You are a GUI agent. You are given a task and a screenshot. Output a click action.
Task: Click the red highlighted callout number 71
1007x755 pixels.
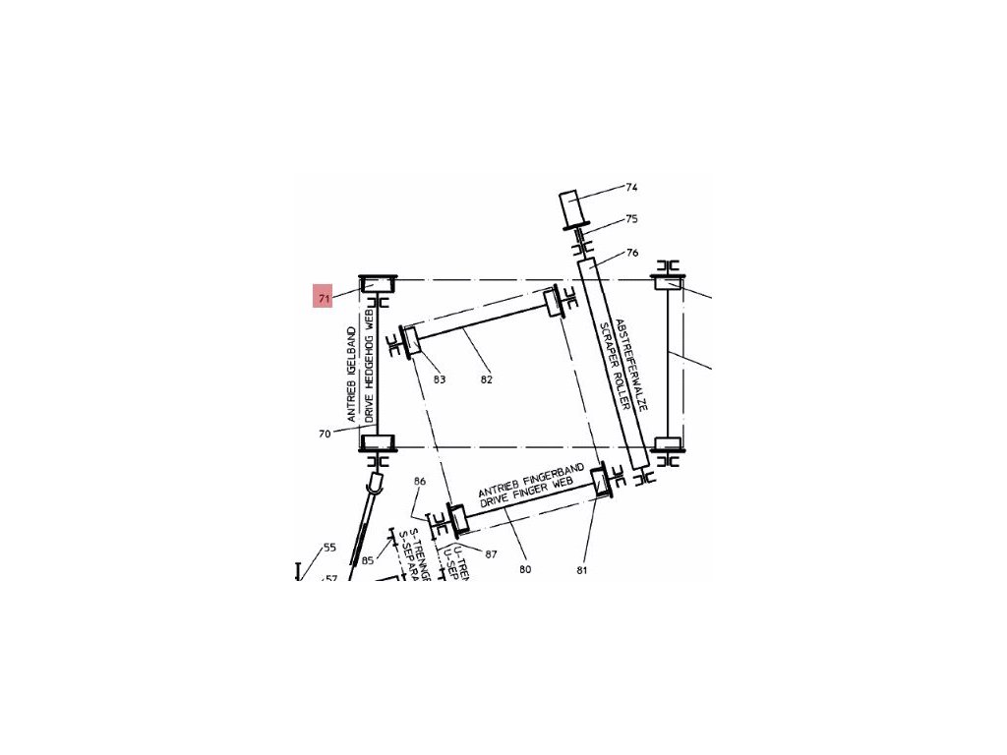323,296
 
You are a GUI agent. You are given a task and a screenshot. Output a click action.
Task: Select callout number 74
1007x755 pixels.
631,187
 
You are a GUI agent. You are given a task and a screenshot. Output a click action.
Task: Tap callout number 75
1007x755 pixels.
631,219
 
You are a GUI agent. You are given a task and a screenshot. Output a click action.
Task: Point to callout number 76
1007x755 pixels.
631,253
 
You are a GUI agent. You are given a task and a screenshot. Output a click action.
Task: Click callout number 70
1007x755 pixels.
325,433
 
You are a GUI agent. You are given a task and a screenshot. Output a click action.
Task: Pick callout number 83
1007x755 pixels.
440,379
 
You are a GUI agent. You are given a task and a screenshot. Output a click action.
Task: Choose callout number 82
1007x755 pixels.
486,379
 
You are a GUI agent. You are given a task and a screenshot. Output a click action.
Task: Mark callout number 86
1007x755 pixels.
420,481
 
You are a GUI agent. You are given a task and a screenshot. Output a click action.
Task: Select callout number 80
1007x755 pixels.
525,569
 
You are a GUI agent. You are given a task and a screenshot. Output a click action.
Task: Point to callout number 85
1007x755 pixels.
368,561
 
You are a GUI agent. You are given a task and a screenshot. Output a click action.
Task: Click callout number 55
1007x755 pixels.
329,548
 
